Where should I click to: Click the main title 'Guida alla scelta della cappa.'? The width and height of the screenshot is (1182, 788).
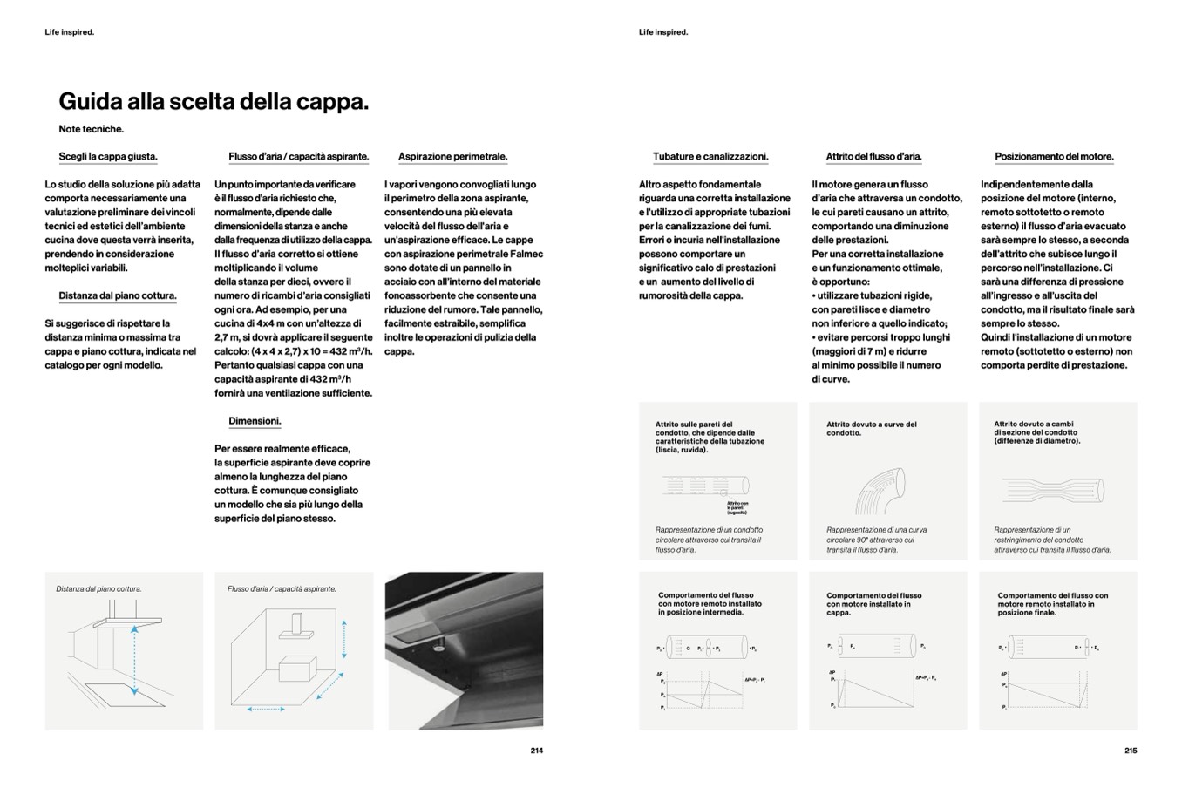pos(214,102)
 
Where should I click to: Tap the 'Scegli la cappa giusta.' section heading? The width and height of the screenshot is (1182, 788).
pos(108,157)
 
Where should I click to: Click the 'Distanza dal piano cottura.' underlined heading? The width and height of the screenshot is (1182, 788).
pos(118,295)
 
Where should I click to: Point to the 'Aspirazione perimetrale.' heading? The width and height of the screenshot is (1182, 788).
pos(452,157)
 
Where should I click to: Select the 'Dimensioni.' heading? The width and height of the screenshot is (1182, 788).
pos(255,421)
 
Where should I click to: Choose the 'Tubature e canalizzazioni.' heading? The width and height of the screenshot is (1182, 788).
pos(710,157)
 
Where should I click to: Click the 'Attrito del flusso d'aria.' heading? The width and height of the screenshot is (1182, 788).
pos(873,157)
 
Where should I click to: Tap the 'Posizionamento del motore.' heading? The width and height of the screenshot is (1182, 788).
pos(1054,157)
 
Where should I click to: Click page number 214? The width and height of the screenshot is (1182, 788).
pos(536,751)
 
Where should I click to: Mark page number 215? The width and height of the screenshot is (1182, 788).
pos(1131,751)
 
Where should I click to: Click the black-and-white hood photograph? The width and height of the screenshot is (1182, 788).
pos(465,650)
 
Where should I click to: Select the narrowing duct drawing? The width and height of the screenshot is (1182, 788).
pos(1055,488)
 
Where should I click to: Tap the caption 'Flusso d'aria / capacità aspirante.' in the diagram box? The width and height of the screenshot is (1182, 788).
pos(282,589)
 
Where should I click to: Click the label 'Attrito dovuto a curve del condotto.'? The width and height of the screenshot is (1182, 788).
pos(871,429)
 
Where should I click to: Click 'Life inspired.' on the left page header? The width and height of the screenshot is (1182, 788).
pos(70,32)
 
